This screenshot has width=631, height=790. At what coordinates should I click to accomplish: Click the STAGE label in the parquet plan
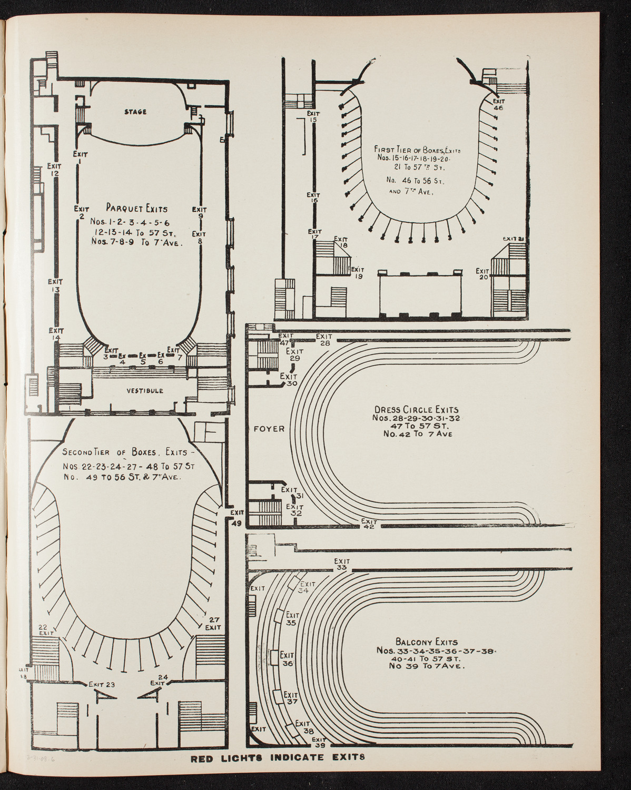coord(135,112)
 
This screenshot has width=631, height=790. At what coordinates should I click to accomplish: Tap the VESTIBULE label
coord(144,391)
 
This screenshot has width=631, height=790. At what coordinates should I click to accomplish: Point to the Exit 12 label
coord(54,168)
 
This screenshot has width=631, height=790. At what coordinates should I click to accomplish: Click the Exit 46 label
coord(498,103)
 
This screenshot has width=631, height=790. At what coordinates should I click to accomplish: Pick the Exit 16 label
coord(314,197)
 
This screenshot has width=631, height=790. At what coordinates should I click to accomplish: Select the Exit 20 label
coord(482,274)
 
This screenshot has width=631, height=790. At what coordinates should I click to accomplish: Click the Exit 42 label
coord(369,524)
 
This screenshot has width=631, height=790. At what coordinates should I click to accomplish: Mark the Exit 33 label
coord(341,565)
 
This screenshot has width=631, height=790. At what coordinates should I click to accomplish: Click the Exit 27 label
coord(213,624)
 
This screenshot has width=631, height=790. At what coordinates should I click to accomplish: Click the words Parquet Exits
coord(136,209)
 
